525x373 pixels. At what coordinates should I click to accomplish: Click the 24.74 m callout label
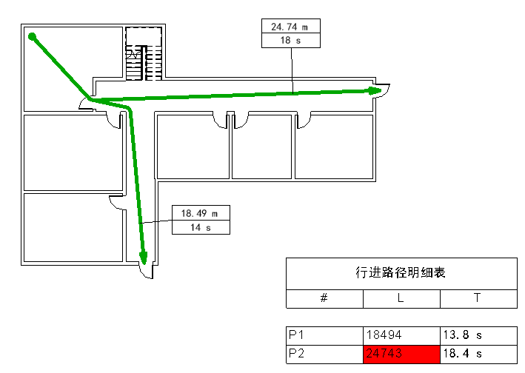pyautogui.click(x=290, y=27)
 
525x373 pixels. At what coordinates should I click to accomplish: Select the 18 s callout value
pyautogui.click(x=290, y=41)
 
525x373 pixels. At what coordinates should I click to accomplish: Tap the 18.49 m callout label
pyautogui.click(x=199, y=213)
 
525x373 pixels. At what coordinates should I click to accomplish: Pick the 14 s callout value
pyautogui.click(x=201, y=227)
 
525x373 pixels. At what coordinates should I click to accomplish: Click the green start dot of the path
pyautogui.click(x=32, y=36)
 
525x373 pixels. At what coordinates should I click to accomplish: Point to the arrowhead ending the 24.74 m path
pyautogui.click(x=375, y=90)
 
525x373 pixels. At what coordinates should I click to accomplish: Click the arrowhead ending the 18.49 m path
pyautogui.click(x=144, y=258)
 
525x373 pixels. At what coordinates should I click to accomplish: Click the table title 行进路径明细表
pyautogui.click(x=401, y=272)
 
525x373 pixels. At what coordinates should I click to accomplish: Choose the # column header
pyautogui.click(x=324, y=298)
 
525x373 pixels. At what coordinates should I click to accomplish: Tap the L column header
pyautogui.click(x=401, y=298)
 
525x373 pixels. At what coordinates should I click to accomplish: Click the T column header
pyautogui.click(x=477, y=298)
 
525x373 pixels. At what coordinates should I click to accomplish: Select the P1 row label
pyautogui.click(x=296, y=335)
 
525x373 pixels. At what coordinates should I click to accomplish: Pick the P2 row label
pyautogui.click(x=296, y=353)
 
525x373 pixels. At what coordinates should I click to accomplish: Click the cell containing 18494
pyautogui.click(x=384, y=335)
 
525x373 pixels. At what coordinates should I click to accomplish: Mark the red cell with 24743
pyautogui.click(x=401, y=354)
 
